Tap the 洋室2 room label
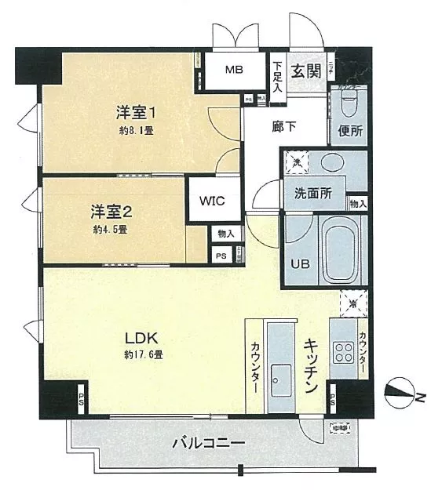[x=110, y=211]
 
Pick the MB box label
[x=235, y=70]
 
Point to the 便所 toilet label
[x=350, y=131]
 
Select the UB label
[x=301, y=263]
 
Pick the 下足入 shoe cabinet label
[x=276, y=76]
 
